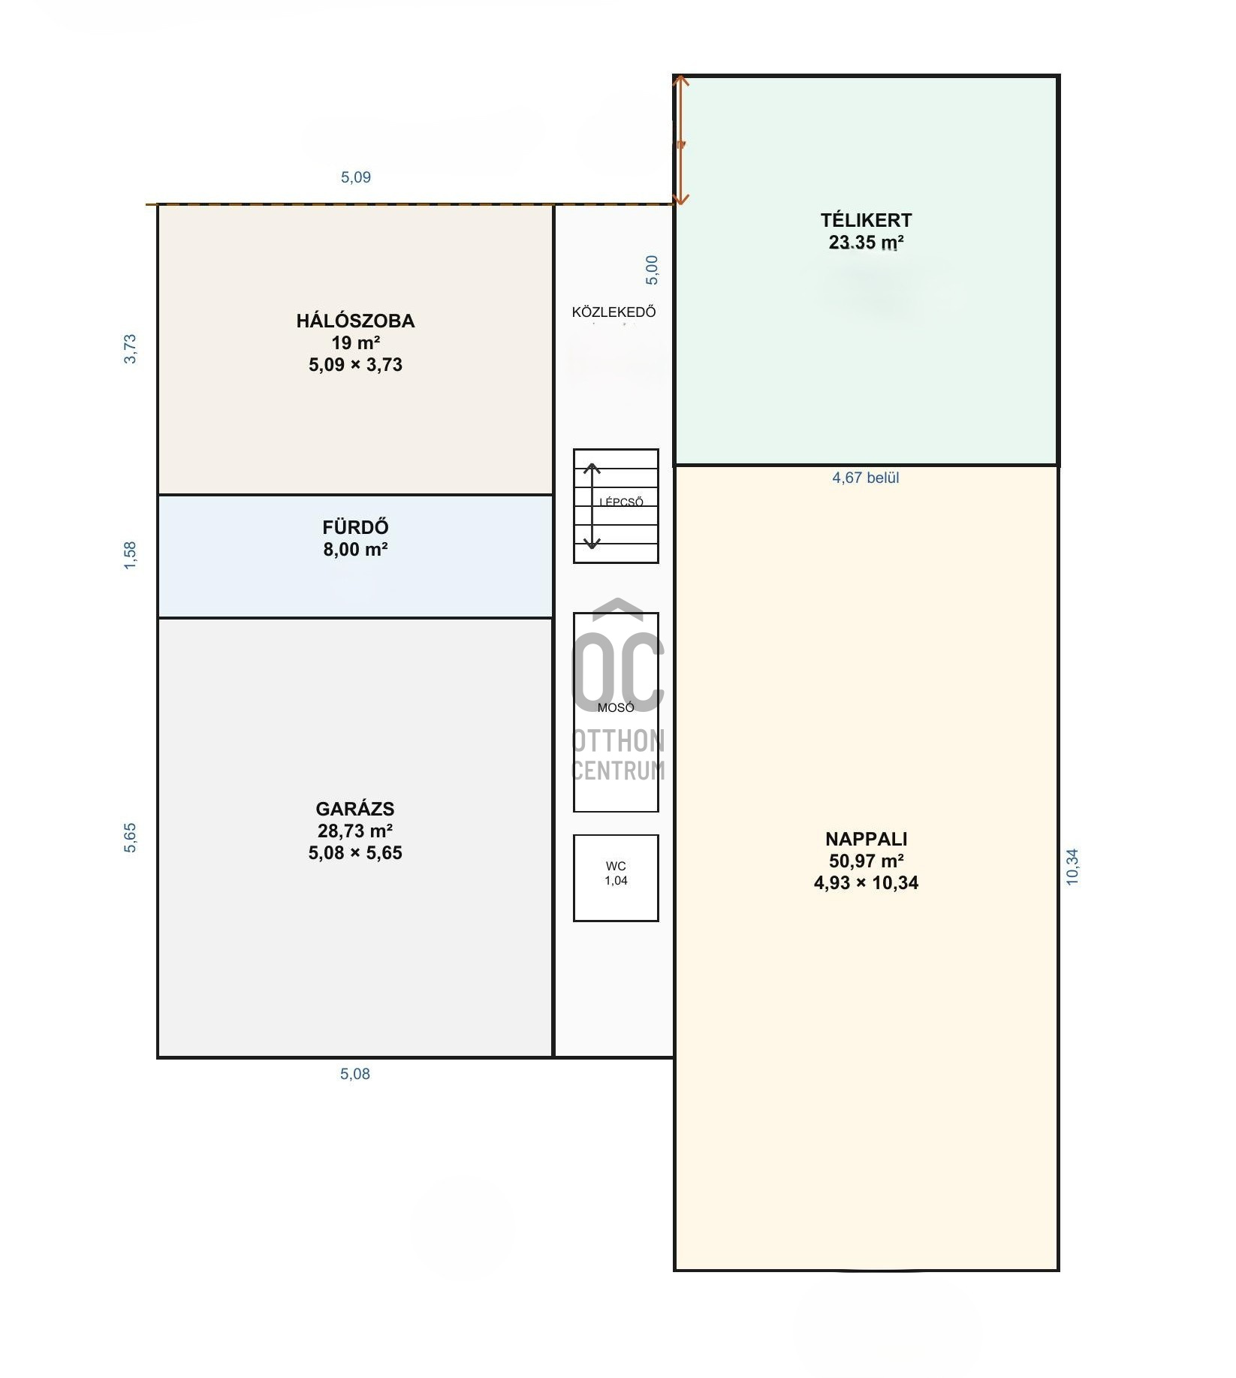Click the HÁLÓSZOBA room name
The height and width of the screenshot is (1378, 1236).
click(355, 321)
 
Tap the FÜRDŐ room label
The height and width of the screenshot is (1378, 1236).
click(355, 527)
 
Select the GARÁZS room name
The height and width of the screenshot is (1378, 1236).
click(355, 809)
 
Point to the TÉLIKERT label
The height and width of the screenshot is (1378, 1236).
click(866, 220)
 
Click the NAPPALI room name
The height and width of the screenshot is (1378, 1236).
click(866, 839)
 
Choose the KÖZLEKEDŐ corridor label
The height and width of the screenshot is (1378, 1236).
click(613, 312)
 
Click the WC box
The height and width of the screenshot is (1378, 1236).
click(616, 878)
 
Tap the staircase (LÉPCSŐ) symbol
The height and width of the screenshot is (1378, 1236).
click(616, 506)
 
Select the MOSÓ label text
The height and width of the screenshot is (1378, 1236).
click(616, 707)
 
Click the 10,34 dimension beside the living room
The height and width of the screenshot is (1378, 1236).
click(1072, 867)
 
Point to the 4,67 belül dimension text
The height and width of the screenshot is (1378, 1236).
click(865, 478)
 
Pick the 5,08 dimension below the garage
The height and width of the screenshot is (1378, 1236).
click(355, 1074)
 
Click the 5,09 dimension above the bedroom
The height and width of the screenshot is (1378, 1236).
click(356, 177)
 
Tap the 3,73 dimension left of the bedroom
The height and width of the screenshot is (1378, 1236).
click(131, 349)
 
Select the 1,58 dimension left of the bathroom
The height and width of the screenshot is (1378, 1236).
click(131, 555)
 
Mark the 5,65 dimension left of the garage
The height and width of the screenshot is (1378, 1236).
click(131, 838)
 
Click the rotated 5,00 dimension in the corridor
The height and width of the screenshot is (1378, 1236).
click(652, 270)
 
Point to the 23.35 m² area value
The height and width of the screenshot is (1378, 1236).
click(866, 243)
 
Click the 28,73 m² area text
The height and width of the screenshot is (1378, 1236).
click(355, 831)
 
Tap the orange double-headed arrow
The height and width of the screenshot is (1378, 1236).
click(680, 140)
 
